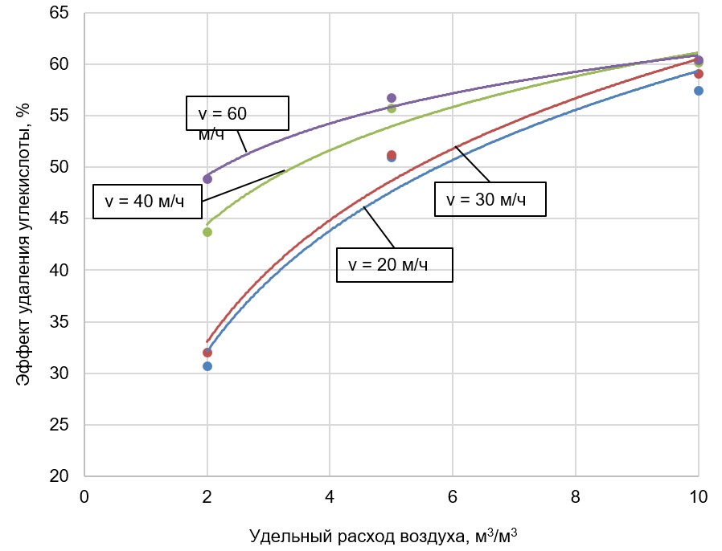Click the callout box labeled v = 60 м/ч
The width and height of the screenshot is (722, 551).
point(237,113)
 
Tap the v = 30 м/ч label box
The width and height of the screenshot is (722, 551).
point(490,199)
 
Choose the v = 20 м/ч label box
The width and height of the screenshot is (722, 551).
point(395,265)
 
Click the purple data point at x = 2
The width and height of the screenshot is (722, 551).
point(207,178)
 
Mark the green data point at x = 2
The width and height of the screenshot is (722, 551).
point(207,232)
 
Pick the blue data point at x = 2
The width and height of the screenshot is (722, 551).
point(207,366)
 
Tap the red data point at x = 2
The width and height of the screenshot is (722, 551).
point(207,353)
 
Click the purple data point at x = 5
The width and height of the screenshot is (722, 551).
point(392,98)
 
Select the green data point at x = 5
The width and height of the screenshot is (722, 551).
point(392,108)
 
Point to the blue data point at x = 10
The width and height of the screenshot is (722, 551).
point(699,91)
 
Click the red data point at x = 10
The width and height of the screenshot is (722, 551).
point(699,74)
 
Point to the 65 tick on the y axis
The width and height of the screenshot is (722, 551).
point(59,13)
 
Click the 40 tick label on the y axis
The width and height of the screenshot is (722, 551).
point(59,271)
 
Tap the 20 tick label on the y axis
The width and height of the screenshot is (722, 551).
point(59,476)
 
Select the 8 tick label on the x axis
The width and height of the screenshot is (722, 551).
point(576,496)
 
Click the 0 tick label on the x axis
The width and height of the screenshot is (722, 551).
point(84,496)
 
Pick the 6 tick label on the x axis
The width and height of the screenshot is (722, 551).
point(453,496)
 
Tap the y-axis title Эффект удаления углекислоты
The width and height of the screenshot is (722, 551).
point(25,246)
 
